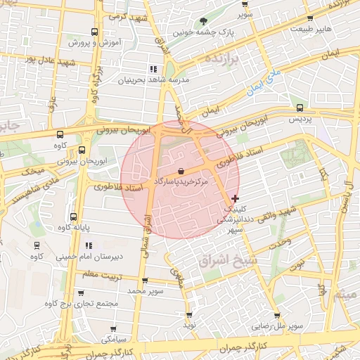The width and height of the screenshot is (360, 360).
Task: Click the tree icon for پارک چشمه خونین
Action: tap(204, 21)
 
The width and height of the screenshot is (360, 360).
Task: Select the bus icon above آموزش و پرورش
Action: tap(94, 32)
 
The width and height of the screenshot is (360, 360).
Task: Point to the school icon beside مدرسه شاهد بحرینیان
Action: tap(153, 69)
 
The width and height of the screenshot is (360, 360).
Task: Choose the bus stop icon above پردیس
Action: tap(300, 108)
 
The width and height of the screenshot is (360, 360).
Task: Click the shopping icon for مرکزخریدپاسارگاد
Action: tap(181, 171)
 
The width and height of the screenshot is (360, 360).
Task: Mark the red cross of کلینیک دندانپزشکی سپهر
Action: tap(235, 199)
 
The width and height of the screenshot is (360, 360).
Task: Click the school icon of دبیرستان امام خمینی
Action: tap(89, 245)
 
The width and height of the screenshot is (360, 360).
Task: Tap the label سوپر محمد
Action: tap(146, 290)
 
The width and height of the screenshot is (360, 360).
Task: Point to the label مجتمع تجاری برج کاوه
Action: tap(79, 304)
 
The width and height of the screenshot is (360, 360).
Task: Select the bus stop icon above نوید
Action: tap(189, 315)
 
